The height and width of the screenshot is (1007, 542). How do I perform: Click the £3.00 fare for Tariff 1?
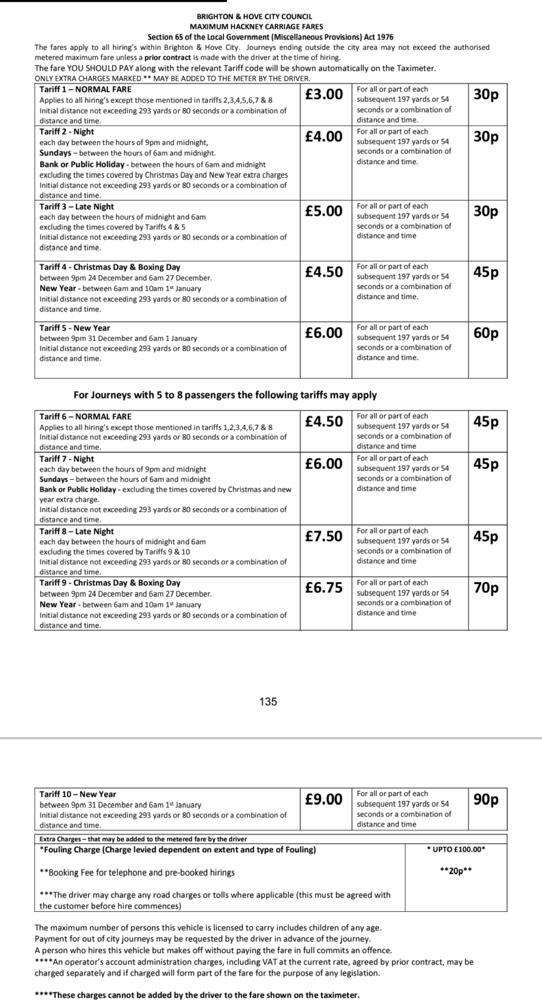click(324, 94)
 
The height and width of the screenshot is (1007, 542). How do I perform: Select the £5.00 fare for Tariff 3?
click(324, 211)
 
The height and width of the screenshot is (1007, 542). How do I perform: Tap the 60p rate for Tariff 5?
click(486, 333)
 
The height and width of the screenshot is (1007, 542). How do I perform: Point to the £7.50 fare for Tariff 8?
click(324, 536)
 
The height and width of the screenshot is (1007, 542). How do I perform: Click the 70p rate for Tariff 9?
click(486, 588)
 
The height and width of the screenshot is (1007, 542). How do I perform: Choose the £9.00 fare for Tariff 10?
click(324, 799)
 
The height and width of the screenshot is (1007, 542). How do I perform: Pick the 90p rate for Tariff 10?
click(486, 799)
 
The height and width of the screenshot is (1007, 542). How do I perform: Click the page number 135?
click(268, 701)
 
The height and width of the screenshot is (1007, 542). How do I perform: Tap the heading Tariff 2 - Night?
click(67, 132)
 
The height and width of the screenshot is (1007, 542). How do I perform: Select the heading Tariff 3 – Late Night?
click(77, 207)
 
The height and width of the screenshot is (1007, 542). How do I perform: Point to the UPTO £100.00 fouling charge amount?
click(455, 850)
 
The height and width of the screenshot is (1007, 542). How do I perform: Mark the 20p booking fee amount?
click(455, 871)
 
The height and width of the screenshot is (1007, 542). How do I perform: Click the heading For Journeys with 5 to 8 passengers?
click(225, 395)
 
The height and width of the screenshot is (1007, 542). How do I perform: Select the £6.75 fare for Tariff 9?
click(324, 588)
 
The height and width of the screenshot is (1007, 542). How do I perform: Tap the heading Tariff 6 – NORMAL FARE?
click(85, 416)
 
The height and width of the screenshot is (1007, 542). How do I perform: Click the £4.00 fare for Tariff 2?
click(324, 136)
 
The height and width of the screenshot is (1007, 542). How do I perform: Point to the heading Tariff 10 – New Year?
click(78, 794)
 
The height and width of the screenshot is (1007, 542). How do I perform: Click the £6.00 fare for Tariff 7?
click(324, 464)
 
